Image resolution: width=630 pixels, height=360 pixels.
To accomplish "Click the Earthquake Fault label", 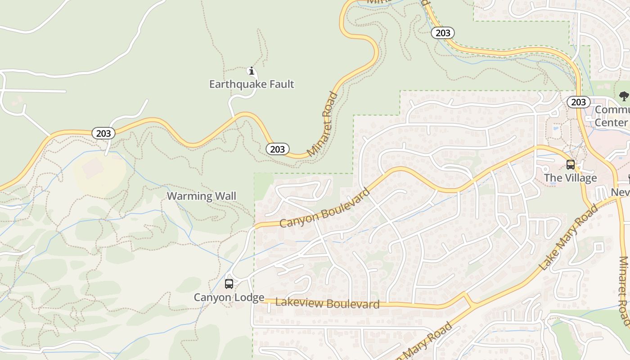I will click(x=252, y=84).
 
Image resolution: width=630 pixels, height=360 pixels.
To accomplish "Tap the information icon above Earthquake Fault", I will click(x=252, y=71).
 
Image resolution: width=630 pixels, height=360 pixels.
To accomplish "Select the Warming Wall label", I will click(x=202, y=196).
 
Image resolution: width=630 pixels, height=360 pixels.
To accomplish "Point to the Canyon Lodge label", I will click(x=229, y=297).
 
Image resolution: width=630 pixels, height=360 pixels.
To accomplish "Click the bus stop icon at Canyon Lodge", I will click(x=229, y=284).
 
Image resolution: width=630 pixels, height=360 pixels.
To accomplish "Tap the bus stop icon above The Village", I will click(x=571, y=165).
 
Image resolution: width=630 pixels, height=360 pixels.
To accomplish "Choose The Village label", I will click(x=570, y=178).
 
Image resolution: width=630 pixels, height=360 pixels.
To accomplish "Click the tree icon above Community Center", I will click(x=623, y=96).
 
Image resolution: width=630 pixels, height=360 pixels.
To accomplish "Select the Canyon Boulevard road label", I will click(x=325, y=207).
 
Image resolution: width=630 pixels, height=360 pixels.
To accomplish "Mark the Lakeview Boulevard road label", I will click(x=327, y=303).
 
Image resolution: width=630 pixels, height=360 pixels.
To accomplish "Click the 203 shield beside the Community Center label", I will click(x=578, y=102).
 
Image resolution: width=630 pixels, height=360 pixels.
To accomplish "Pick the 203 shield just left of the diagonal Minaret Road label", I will click(x=277, y=149).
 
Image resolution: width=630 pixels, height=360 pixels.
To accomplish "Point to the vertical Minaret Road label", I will click(x=624, y=290).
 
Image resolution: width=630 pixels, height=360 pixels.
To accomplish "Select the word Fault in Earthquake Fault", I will click(x=280, y=84).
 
